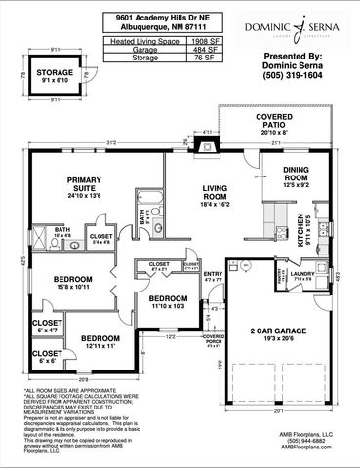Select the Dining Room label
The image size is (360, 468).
pos(297,174)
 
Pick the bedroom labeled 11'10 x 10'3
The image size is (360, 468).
pos(168,301)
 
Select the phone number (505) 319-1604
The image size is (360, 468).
pos(291,76)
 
